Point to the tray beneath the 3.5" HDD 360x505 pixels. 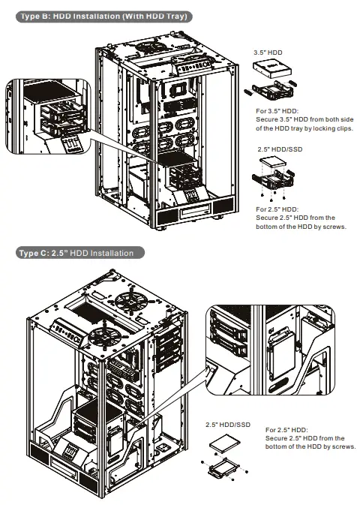coord(272,93)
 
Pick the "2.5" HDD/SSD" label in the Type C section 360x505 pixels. coord(228,425)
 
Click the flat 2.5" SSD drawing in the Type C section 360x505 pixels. coord(227,444)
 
